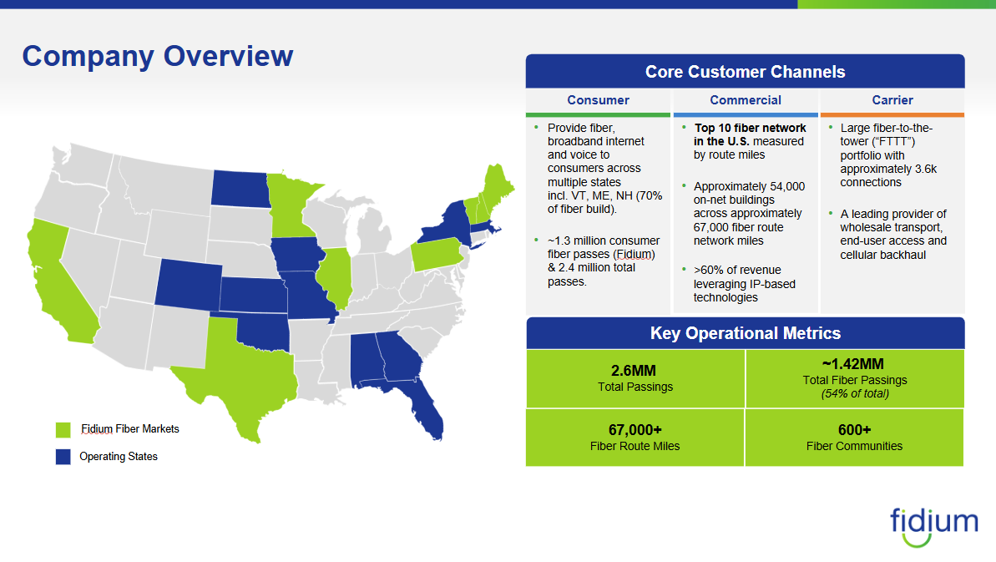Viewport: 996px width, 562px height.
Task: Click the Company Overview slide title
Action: click(x=158, y=57)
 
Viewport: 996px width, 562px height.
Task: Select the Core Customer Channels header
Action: click(x=745, y=73)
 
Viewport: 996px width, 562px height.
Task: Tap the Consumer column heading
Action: click(x=598, y=100)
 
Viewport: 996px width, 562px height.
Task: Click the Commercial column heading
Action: click(x=746, y=100)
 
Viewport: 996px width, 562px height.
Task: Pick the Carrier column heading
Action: click(x=892, y=100)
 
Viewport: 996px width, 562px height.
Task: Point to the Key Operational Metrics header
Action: click(x=745, y=333)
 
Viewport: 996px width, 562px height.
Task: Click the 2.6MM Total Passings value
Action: click(x=635, y=370)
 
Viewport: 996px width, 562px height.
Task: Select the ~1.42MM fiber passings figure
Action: click(x=854, y=364)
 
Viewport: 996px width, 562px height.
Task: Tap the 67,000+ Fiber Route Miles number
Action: click(x=635, y=430)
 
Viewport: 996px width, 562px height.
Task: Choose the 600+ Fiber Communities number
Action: click(x=854, y=430)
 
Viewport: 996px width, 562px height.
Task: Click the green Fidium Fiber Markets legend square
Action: click(x=63, y=430)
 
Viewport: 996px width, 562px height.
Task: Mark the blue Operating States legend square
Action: click(x=63, y=457)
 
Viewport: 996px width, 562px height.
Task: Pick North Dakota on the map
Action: click(x=240, y=188)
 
